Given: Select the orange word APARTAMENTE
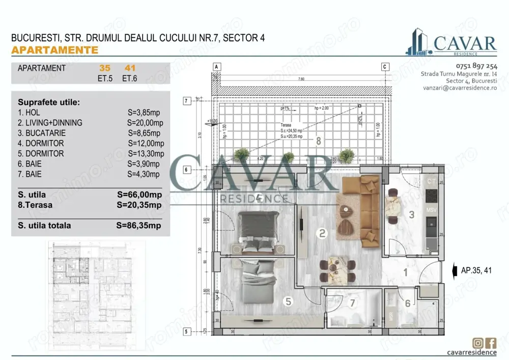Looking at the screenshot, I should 54,50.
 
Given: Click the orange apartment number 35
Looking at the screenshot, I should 105,68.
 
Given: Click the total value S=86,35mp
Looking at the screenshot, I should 139,226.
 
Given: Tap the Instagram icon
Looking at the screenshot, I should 478,343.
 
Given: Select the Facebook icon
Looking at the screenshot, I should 491,343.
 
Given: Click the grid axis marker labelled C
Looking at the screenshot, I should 385,67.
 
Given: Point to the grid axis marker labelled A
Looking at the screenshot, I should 216,67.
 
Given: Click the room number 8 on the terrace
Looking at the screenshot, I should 319,141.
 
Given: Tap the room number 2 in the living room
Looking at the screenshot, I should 322,234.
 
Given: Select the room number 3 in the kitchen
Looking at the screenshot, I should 412,215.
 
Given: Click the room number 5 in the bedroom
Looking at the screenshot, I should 288,301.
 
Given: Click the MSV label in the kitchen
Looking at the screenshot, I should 431,209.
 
